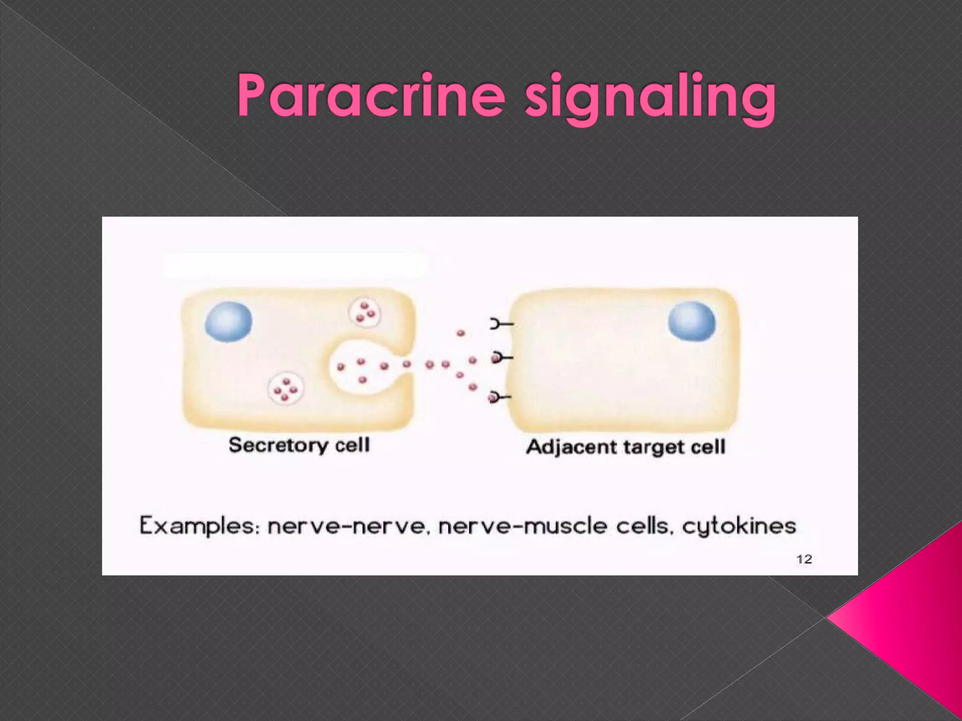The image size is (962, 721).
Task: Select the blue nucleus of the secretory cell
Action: point(229,322)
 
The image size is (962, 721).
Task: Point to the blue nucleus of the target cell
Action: point(691,322)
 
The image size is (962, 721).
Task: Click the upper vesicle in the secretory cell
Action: point(365,313)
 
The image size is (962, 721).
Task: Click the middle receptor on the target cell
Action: point(501,358)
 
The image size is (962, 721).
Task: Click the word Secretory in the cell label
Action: point(279,445)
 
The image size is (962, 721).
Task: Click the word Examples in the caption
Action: point(199,526)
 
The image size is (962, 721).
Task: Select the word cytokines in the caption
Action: point(739,526)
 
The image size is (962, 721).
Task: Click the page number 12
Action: point(804,559)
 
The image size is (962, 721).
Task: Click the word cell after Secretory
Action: point(352,445)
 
